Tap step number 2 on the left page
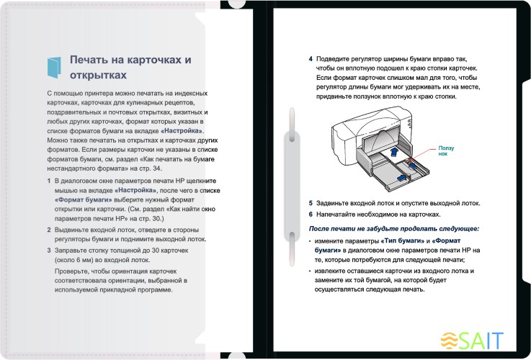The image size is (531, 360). click(x=48, y=227)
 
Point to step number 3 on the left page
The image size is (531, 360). click(x=48, y=249)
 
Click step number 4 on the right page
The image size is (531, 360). click(x=311, y=59)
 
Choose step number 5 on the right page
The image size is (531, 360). click(x=311, y=203)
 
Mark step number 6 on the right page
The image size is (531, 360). click(x=311, y=214)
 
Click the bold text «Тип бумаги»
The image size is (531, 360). click(x=409, y=239)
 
